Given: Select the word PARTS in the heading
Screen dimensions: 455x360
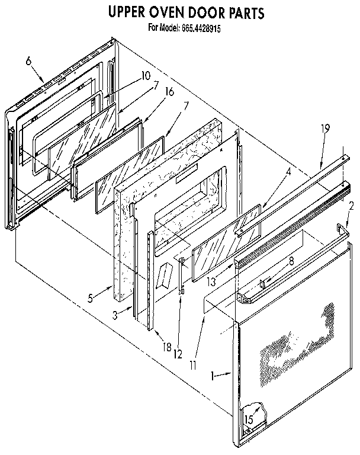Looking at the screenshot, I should coord(243,12).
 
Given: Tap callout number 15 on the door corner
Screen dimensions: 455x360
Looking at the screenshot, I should coord(249,419).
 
